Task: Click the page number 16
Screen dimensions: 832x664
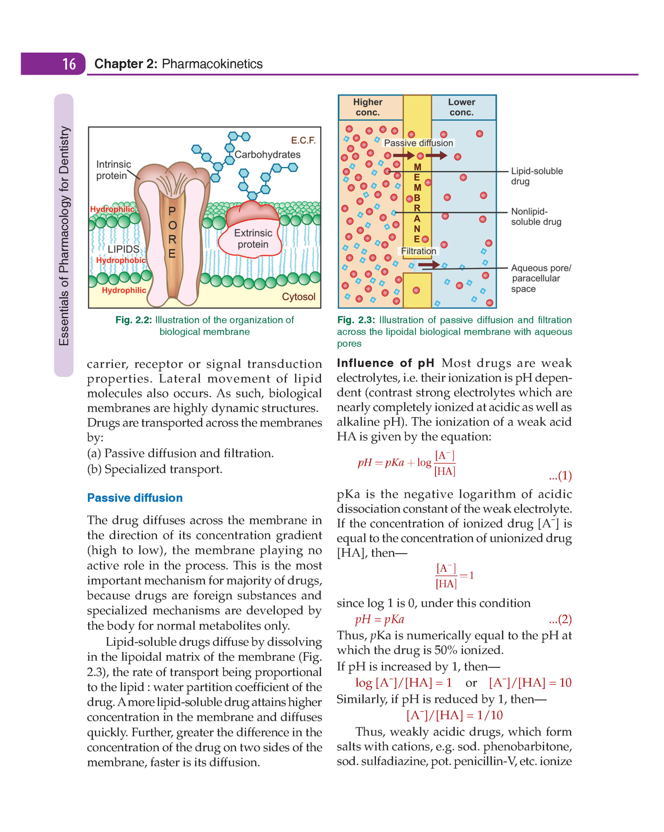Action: (69, 64)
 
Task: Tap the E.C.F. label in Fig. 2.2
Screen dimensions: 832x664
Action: (303, 140)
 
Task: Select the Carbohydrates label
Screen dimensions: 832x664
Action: (268, 154)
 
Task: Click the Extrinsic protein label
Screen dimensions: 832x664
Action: (253, 239)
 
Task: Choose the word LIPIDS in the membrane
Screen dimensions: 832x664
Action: (123, 249)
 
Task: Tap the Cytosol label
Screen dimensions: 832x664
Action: (299, 296)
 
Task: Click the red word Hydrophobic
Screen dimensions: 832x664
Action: (121, 260)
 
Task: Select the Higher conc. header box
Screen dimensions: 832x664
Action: (367, 107)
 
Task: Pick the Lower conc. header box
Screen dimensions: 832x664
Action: (461, 107)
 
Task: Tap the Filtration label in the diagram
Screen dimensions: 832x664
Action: (418, 251)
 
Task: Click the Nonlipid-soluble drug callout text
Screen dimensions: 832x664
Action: (536, 216)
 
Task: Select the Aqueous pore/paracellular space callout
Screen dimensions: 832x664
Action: (540, 278)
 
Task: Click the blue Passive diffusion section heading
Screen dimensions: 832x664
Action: (135, 498)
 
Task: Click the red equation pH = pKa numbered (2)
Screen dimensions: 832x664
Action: (379, 619)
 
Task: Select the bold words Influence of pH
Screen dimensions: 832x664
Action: (385, 363)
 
